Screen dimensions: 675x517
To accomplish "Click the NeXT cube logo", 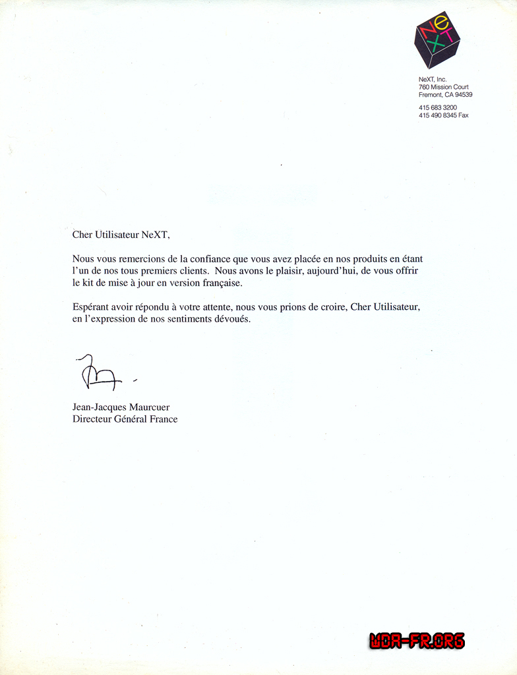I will pyautogui.click(x=437, y=40).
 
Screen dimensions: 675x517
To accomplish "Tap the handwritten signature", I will pyautogui.click(x=100, y=373).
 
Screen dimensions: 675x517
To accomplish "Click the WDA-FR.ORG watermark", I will pyautogui.click(x=417, y=641).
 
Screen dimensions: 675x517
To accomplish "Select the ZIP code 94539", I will pyautogui.click(x=464, y=95).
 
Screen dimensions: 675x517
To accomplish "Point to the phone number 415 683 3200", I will pyautogui.click(x=437, y=107).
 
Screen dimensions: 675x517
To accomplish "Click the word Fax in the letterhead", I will pyautogui.click(x=463, y=115).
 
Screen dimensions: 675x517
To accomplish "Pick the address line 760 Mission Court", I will pyautogui.click(x=443, y=87).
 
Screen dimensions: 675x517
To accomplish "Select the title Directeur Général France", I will pyautogui.click(x=125, y=419).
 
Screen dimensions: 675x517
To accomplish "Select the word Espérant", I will pyautogui.click(x=91, y=308).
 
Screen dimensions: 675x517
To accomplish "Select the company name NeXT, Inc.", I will pyautogui.click(x=433, y=80).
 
